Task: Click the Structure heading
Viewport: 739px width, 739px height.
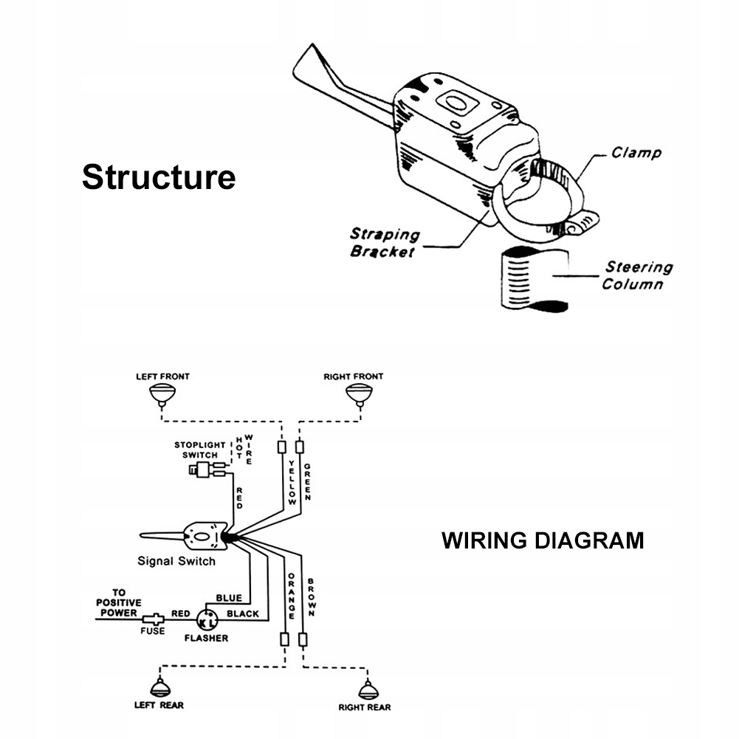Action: click(x=159, y=177)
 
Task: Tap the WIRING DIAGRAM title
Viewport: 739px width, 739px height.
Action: click(x=543, y=540)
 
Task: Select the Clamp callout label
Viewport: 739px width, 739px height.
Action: click(x=636, y=153)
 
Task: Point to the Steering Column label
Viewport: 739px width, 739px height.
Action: click(x=638, y=275)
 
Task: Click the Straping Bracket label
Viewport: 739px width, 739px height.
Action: click(x=384, y=243)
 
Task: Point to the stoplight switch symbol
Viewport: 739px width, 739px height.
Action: click(x=205, y=469)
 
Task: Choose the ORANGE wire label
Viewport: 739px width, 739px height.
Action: click(x=292, y=596)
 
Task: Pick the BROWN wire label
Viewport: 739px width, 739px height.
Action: click(x=312, y=597)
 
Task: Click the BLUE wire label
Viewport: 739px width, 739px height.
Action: click(x=229, y=597)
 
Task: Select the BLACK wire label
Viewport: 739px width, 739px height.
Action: click(x=243, y=613)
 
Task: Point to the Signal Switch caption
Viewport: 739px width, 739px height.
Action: click(x=176, y=561)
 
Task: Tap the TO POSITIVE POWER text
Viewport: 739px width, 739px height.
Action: click(x=118, y=602)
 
